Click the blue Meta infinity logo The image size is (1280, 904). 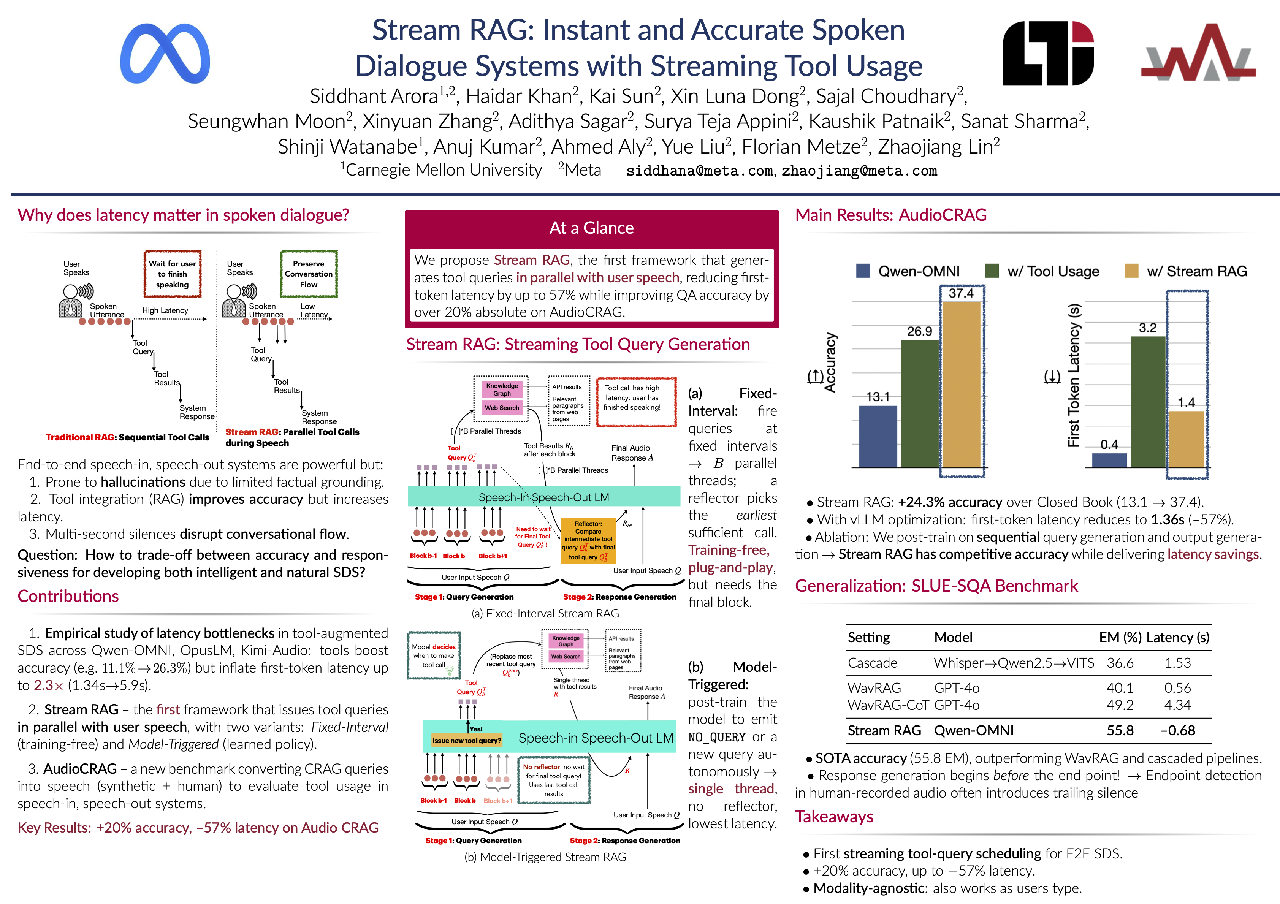click(165, 54)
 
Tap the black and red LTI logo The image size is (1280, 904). click(1048, 54)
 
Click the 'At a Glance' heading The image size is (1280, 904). click(591, 228)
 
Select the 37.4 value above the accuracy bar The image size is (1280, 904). click(961, 293)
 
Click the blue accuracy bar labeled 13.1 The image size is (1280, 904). click(878, 436)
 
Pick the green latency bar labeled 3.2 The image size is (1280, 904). click(1148, 402)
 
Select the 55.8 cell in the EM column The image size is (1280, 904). click(1120, 731)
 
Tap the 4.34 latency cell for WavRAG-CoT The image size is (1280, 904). click(1177, 705)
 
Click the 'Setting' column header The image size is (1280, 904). click(868, 638)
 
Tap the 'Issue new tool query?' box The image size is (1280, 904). click(467, 740)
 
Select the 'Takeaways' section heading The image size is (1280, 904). click(834, 817)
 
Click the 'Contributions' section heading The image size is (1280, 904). click(68, 596)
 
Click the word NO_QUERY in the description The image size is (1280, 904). click(716, 737)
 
